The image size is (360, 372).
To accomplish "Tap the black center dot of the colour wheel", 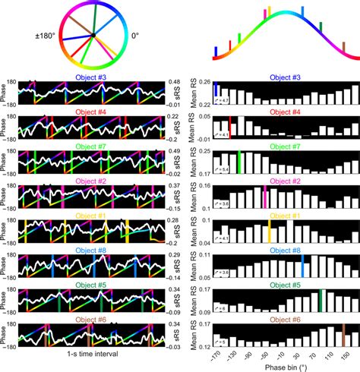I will tap(93, 35).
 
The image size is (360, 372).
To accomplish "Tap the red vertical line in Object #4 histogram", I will tap(229, 127).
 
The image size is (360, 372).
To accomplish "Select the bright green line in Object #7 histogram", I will tap(240, 162).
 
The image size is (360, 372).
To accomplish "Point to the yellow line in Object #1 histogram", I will tap(270, 231).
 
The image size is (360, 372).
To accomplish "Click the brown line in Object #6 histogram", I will tap(343, 334).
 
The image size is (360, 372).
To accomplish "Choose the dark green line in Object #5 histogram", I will tap(321, 299).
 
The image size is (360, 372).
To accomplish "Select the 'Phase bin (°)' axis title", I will tap(279, 367).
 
